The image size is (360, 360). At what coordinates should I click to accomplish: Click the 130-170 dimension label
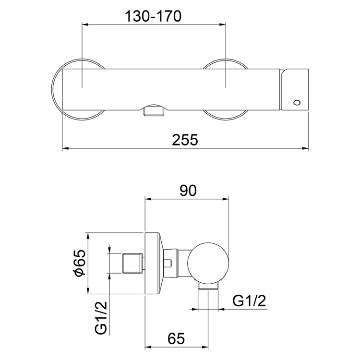click(153, 16)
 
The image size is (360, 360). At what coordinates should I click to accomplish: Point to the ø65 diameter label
click(80, 263)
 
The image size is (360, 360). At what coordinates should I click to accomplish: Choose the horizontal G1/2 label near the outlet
click(249, 301)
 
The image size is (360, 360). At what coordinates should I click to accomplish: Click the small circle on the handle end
click(297, 102)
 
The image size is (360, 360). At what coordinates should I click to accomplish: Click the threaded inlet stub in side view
click(132, 264)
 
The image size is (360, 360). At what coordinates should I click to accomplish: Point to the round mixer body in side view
click(207, 263)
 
